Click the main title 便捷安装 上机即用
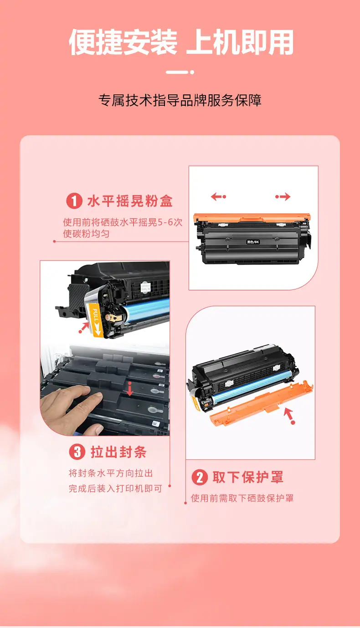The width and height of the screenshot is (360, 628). (x=181, y=42)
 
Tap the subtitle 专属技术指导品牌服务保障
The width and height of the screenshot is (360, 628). (x=180, y=100)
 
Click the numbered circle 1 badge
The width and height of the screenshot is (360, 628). (x=74, y=201)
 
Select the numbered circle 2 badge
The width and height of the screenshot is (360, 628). (x=200, y=478)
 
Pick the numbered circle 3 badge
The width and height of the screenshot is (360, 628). (x=77, y=452)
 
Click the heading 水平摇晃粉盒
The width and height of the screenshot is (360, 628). (x=130, y=201)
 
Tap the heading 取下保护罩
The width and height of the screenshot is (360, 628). (x=248, y=477)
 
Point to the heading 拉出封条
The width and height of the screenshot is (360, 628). (x=118, y=452)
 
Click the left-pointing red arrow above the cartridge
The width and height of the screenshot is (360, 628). (x=218, y=196)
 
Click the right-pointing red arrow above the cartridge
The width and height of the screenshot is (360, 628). (x=283, y=196)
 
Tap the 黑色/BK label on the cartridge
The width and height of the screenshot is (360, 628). (x=253, y=242)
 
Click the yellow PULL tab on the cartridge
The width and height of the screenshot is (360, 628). (x=95, y=319)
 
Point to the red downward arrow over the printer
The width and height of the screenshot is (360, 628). (x=129, y=389)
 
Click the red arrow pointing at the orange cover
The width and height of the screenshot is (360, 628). (x=289, y=416)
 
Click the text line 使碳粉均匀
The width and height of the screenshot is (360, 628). (x=86, y=233)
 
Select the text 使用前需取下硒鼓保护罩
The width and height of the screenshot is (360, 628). (x=242, y=498)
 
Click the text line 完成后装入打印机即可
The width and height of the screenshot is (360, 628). (x=115, y=489)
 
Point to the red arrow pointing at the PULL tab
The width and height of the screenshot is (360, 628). (x=84, y=327)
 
